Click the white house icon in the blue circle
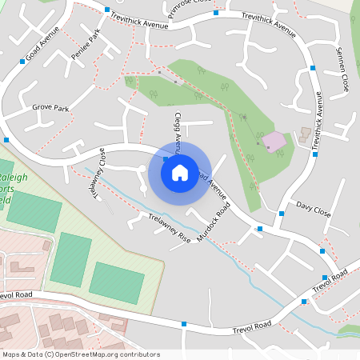click(179, 171)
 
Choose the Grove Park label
click(50, 106)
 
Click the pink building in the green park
click(274, 142)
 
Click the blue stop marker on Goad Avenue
click(22, 61)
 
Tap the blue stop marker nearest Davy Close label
click(282, 214)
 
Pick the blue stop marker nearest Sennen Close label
click(314, 68)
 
